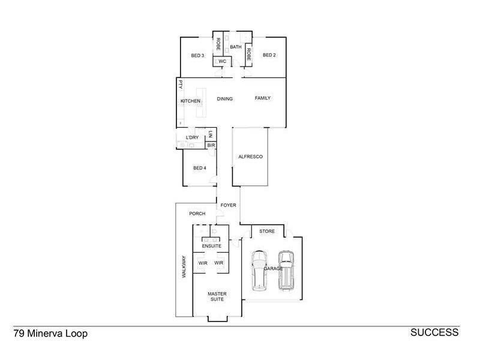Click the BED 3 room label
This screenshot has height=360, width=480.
[198, 56]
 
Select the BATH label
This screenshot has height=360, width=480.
[235, 47]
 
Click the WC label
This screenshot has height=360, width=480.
[221, 61]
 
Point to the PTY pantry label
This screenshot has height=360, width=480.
[180, 85]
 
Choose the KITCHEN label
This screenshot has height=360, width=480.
[190, 101]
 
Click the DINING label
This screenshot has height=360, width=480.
[225, 99]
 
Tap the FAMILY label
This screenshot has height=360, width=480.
[263, 98]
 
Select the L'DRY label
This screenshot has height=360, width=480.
[192, 138]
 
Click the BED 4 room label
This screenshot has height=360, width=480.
[200, 168]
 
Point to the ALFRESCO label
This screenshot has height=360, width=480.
[251, 157]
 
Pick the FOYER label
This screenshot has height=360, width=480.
[229, 205]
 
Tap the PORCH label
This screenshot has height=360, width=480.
[197, 214]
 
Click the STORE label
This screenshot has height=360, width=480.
[266, 231]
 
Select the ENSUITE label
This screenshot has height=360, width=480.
[211, 246]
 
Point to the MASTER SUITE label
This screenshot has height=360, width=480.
[217, 296]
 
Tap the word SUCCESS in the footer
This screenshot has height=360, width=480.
[434, 332]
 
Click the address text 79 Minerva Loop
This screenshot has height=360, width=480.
[50, 334]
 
